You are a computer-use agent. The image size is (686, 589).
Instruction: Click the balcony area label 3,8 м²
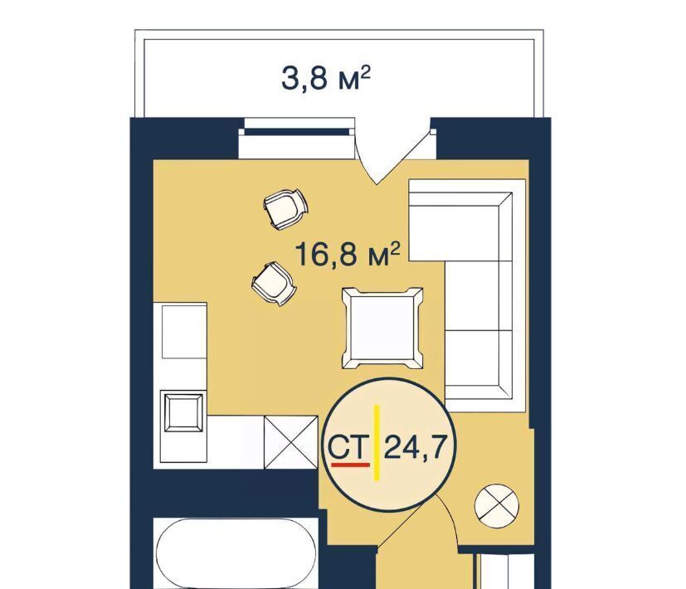pos(325,78)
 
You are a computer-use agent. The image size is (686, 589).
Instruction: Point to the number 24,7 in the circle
pos(416,447)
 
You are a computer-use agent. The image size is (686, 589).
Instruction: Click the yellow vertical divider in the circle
pos(377,443)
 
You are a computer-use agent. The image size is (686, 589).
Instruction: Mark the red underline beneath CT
pos(350,465)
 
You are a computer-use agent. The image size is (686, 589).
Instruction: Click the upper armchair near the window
pos(285,208)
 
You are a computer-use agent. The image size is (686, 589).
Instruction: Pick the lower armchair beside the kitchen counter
pos(274,283)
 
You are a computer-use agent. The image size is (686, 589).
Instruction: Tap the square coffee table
pos(382,329)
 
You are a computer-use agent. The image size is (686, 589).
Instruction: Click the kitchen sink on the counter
pos(184,412)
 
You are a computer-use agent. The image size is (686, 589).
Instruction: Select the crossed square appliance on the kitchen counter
pos(291,442)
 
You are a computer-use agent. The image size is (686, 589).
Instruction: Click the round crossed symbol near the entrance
pos(497,506)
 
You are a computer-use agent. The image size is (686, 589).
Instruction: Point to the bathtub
pos(236,553)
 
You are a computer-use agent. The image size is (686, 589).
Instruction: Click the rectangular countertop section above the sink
pos(184,332)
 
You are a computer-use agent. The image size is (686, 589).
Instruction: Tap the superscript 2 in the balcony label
pos(366,71)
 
